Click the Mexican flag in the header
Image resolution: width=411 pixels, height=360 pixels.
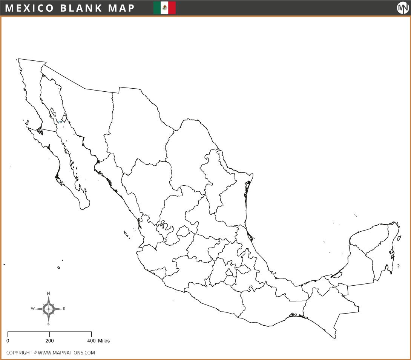[164, 8]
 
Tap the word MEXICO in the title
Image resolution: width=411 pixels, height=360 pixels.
[30, 8]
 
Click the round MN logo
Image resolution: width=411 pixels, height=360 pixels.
[403, 8]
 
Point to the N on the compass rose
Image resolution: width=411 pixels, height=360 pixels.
[48, 294]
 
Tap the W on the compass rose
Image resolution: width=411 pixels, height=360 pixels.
[33, 309]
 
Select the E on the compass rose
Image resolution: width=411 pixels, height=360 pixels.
[64, 309]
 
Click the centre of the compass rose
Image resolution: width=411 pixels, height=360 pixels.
[48, 309]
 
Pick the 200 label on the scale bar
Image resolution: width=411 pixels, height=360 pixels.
[50, 341]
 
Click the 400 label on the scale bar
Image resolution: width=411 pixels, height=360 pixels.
[91, 341]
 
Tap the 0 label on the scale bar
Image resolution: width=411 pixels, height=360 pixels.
[8, 341]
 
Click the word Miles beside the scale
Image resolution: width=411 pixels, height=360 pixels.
[104, 341]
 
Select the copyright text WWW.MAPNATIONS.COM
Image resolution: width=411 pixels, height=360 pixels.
[66, 353]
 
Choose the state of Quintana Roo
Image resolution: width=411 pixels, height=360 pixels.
[381, 257]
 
